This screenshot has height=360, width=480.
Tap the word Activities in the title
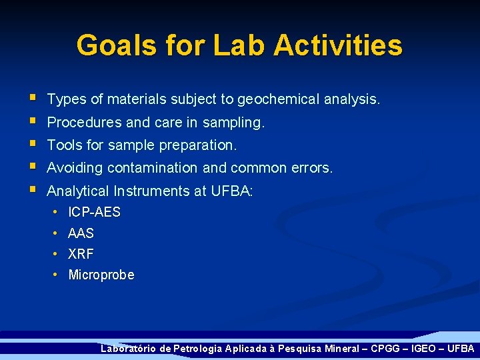point(338,45)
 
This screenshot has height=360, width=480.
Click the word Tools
point(64,145)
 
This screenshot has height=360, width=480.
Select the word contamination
point(151,168)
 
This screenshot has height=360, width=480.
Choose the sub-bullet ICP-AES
point(94,213)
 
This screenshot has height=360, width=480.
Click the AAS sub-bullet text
point(81,233)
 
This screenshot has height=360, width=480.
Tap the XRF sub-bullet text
point(81,254)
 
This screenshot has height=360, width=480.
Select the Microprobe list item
point(101,275)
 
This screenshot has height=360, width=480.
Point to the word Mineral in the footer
point(334,349)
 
